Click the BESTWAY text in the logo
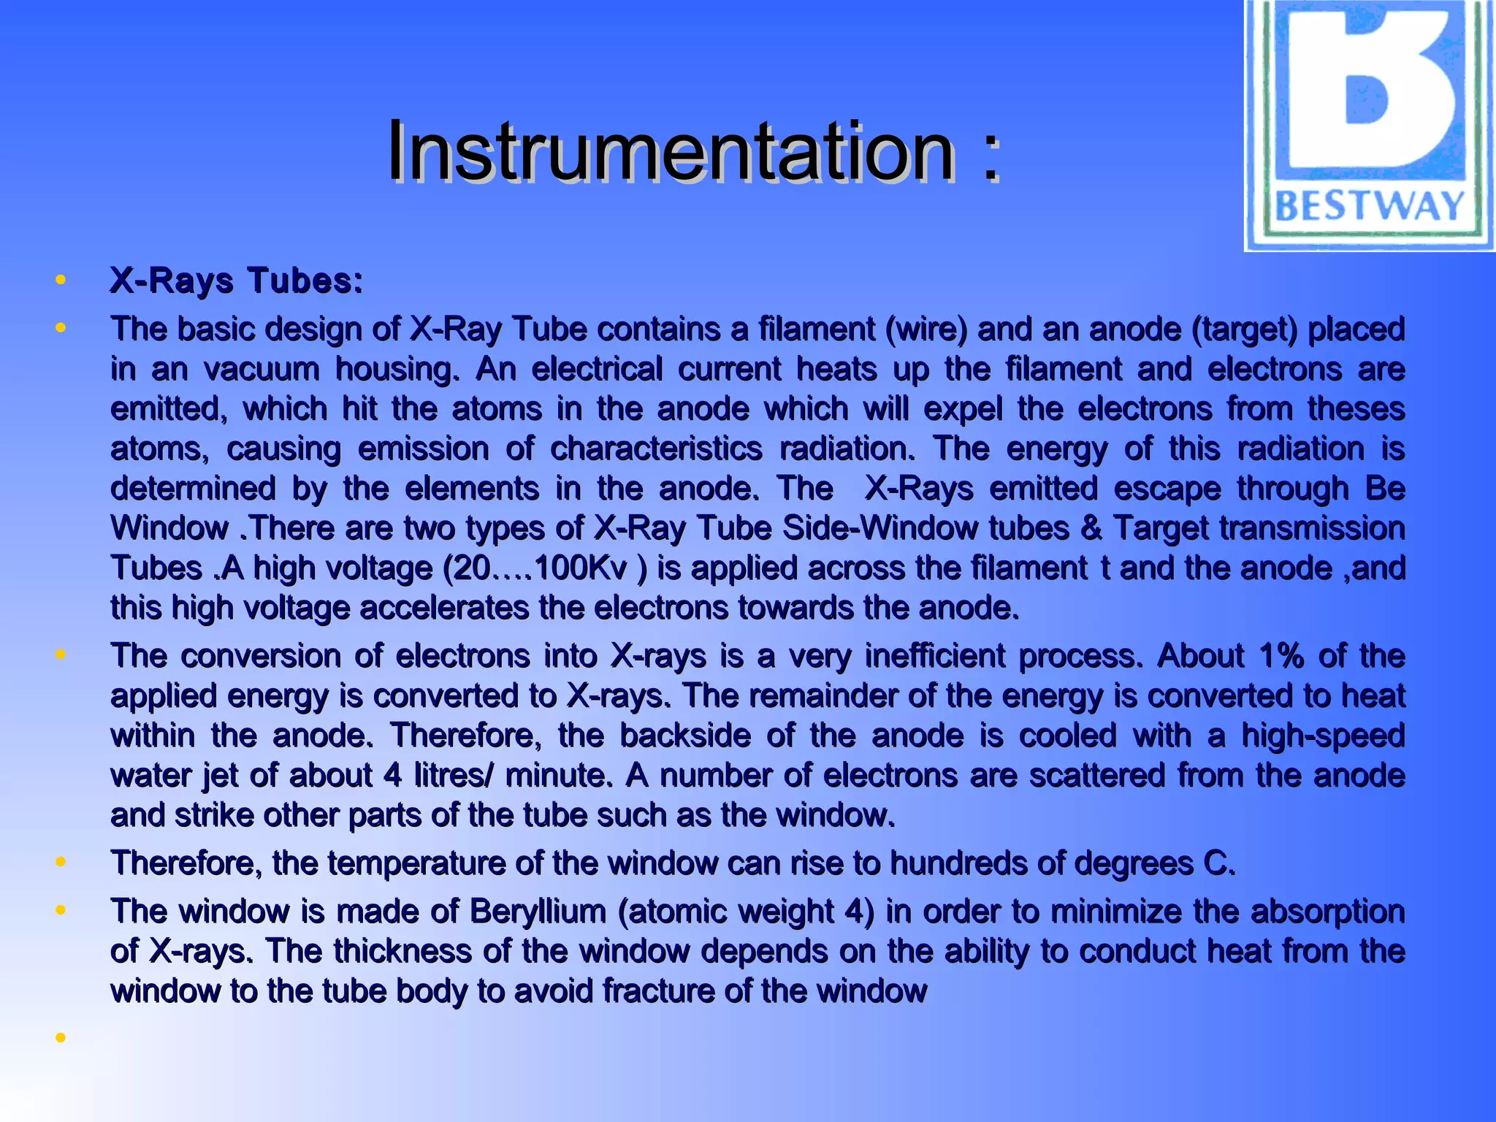point(1370,206)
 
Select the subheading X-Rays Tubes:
point(236,280)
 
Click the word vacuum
point(262,369)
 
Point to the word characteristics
point(656,449)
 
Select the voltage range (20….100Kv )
point(545,568)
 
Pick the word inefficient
point(934,656)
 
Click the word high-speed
point(1323,736)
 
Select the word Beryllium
point(538,912)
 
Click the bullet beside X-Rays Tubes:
point(61,280)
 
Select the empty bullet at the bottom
point(61,1037)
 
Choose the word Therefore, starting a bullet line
point(186,863)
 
